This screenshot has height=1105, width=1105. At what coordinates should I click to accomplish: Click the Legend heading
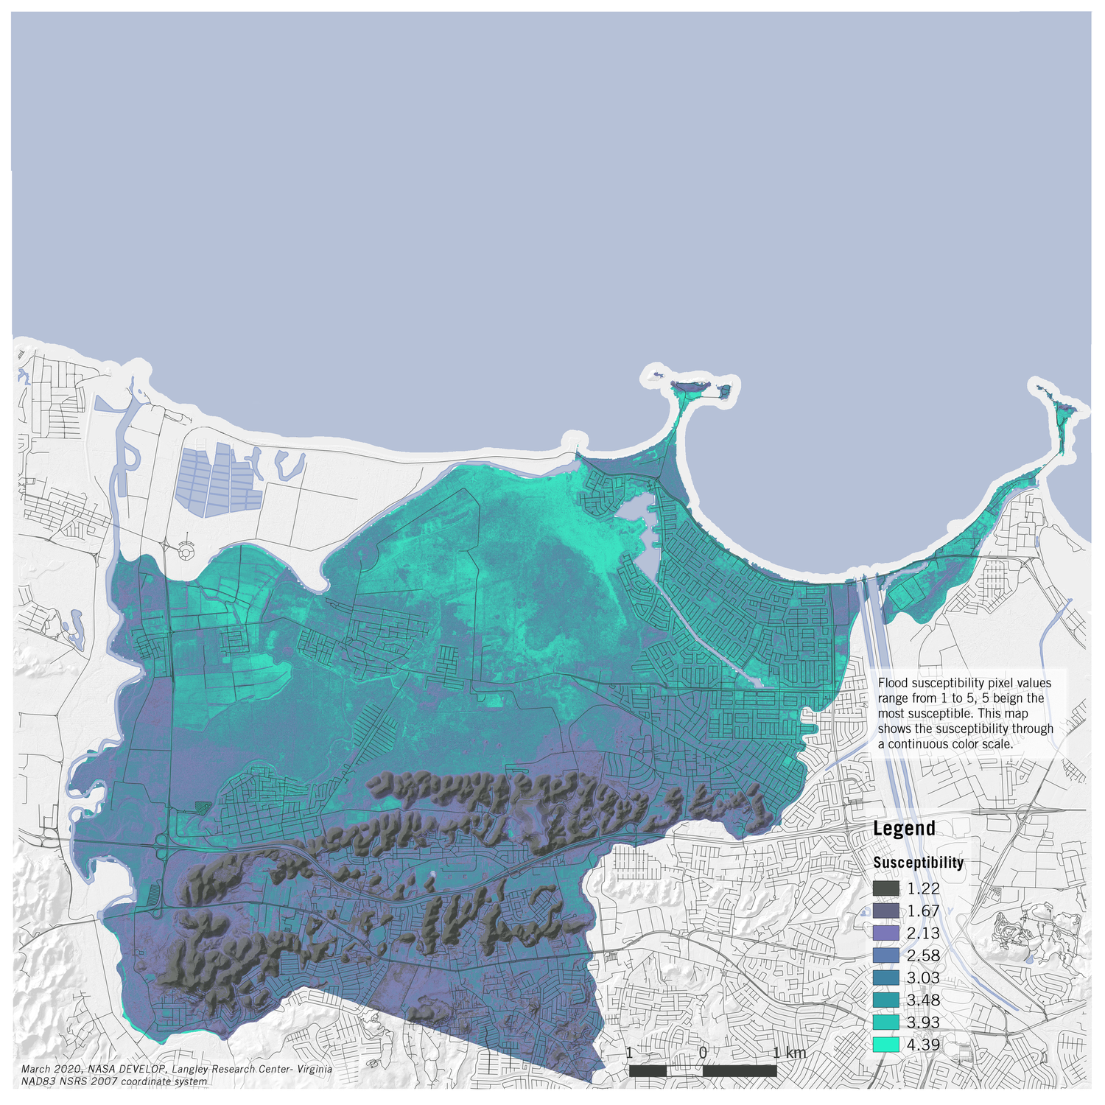click(x=904, y=829)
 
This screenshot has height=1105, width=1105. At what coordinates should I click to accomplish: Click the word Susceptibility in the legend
click(x=918, y=863)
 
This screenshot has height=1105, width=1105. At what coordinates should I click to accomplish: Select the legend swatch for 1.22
click(x=886, y=889)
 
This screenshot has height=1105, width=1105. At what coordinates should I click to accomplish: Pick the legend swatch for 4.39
click(x=886, y=1045)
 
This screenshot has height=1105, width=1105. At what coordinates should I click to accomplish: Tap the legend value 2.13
click(x=923, y=933)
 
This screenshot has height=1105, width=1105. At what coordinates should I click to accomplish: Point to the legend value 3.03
click(x=923, y=978)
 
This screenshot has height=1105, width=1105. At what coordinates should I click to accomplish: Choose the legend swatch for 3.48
click(x=886, y=1000)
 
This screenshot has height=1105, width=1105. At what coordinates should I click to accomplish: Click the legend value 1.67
click(x=923, y=911)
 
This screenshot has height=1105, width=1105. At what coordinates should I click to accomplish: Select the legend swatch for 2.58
click(x=886, y=955)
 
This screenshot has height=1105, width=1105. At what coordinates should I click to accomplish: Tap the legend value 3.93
click(x=923, y=1022)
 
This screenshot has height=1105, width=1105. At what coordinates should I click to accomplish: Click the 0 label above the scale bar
click(x=703, y=1053)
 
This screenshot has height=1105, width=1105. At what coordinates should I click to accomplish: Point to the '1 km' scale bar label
click(x=790, y=1053)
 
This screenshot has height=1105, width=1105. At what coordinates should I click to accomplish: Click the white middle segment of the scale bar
click(x=684, y=1071)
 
